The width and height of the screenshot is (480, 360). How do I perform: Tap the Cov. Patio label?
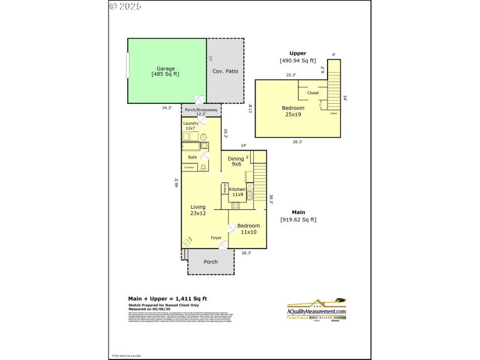[225, 71]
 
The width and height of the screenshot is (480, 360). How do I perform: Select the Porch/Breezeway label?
[200, 112]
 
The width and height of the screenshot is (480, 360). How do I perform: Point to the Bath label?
[192, 157]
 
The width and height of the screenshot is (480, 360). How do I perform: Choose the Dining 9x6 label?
[235, 161]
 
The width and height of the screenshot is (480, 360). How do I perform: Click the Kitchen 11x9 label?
[238, 191]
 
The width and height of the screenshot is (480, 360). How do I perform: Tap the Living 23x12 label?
[198, 210]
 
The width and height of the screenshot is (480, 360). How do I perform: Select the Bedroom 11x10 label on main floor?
[249, 229]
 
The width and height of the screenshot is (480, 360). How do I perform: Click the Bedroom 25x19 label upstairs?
[293, 111]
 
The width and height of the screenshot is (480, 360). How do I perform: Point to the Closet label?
[313, 93]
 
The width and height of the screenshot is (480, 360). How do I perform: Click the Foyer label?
[216, 238]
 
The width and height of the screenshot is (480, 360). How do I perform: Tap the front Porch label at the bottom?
[211, 262]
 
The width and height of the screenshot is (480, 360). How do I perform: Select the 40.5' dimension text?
[176, 184]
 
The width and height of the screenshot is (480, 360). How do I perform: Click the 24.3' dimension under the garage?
[167, 108]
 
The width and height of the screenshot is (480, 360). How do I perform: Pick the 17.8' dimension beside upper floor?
[251, 109]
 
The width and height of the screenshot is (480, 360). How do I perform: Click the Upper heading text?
[298, 53]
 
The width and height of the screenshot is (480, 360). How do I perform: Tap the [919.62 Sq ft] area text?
[298, 220]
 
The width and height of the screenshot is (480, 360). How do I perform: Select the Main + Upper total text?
[167, 298]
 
